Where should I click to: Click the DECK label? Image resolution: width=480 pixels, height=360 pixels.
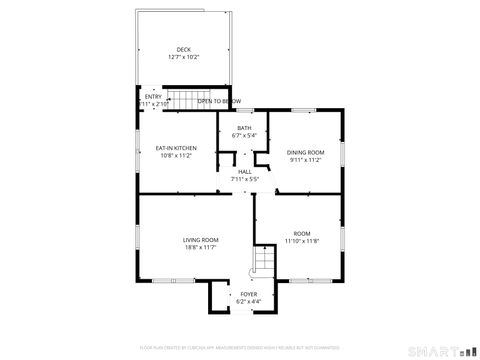pos(183,49)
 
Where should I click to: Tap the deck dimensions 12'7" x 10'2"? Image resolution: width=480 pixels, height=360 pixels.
pos(183,57)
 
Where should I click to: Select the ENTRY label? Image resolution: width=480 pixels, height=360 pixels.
pos(152,97)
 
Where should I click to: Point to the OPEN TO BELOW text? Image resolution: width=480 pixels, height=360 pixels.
pos(219,102)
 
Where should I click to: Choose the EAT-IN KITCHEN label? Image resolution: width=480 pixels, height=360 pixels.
pos(176,148)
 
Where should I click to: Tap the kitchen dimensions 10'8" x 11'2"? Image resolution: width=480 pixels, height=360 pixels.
pos(176,155)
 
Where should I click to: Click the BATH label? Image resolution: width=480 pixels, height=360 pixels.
pos(244,128)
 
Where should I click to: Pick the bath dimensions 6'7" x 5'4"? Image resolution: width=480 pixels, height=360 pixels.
pos(244,135)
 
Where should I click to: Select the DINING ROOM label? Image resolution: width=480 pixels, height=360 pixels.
pos(307,152)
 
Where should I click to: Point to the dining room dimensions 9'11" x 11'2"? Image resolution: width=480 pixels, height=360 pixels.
pos(307,159)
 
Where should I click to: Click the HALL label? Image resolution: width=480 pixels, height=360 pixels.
pos(245,171)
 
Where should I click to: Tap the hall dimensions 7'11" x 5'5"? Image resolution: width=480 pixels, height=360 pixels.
pos(245,178)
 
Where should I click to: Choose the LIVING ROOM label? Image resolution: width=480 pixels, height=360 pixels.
pos(200,240)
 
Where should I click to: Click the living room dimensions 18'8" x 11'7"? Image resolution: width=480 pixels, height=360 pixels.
pos(200,247)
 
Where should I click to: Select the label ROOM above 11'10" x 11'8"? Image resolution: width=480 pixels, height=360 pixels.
pos(302,234)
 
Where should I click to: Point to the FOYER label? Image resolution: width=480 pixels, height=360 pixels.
pos(248,294)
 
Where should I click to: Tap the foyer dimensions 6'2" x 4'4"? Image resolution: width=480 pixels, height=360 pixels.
pos(248,301)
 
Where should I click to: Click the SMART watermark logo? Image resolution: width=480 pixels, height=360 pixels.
pos(441,351)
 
